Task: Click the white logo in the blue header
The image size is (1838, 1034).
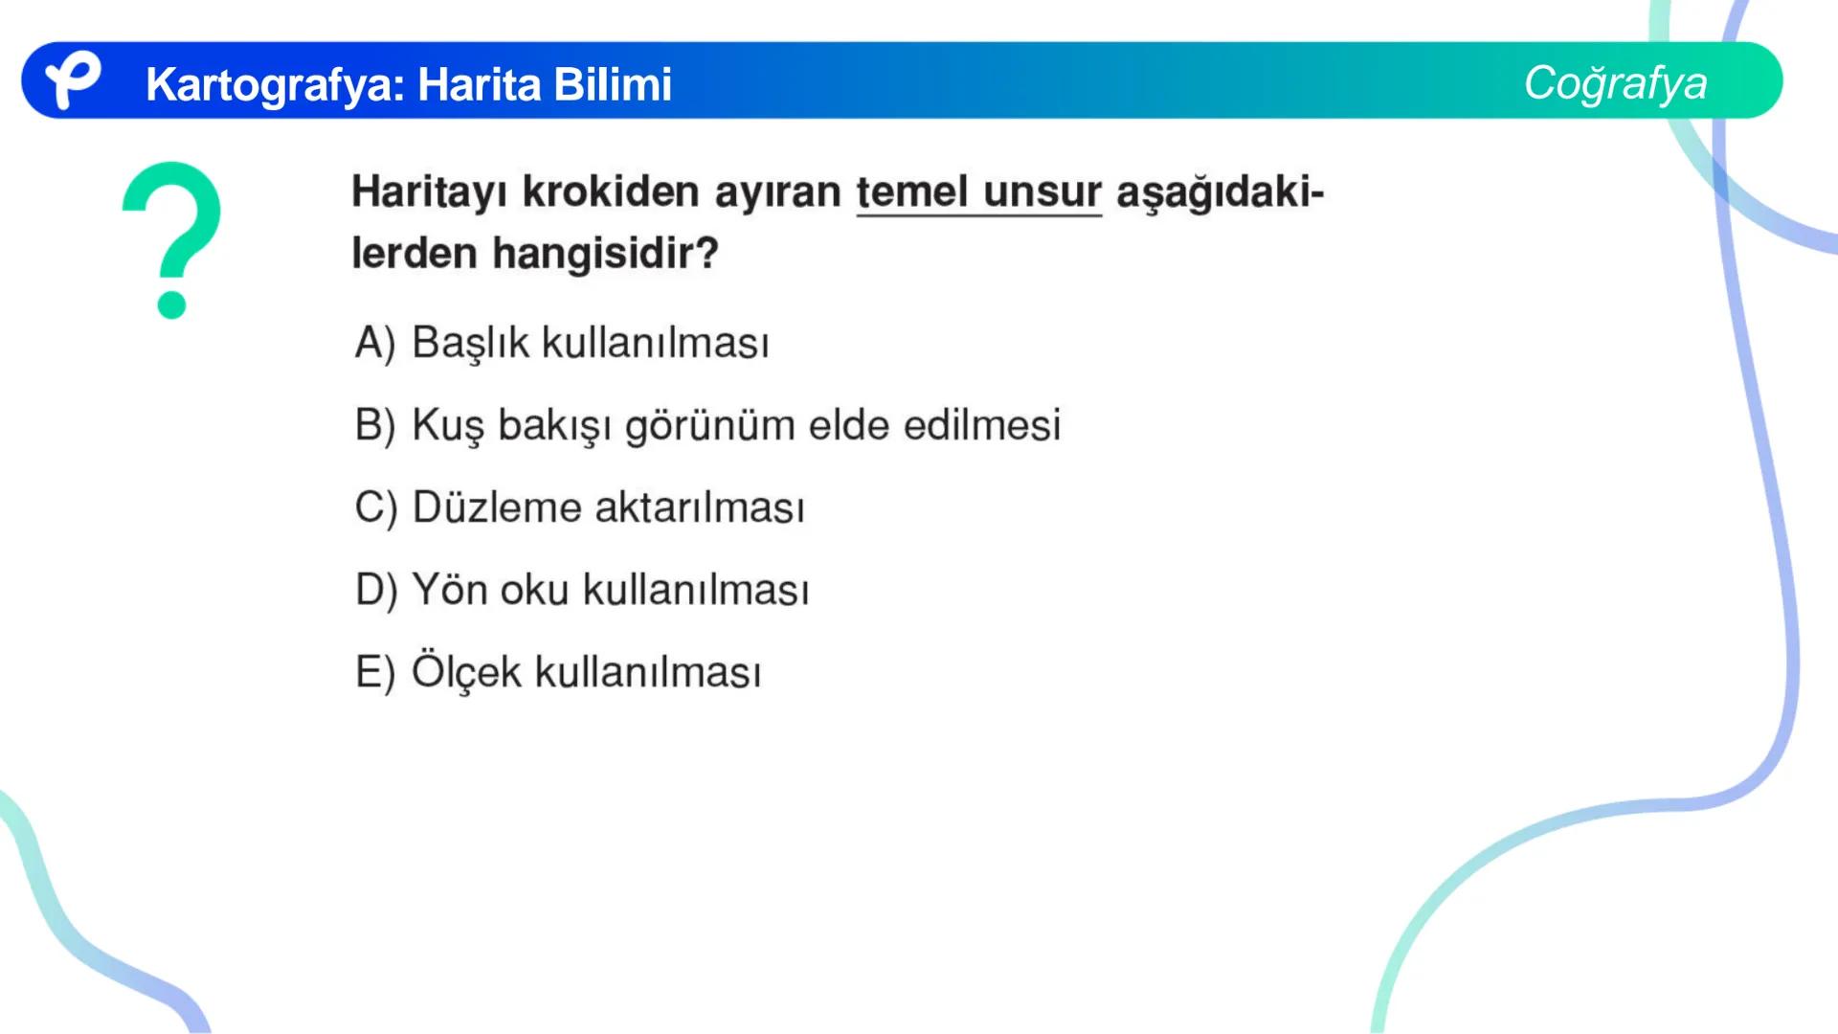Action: tap(72, 80)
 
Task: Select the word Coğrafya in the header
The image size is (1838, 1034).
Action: tap(1615, 83)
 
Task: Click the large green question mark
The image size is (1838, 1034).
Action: tap(172, 239)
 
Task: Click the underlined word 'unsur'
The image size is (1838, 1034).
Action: tap(1042, 191)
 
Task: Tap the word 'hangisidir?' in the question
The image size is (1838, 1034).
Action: tap(605, 254)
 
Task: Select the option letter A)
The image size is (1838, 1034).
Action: tap(374, 343)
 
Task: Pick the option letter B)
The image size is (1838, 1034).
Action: tap(374, 425)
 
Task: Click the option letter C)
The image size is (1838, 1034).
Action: tap(374, 507)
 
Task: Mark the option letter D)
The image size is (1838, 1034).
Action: tap(375, 590)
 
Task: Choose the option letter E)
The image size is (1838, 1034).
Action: tap(374, 672)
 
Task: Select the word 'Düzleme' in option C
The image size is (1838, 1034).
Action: tap(496, 507)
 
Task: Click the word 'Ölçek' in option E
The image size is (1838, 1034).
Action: tap(466, 671)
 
